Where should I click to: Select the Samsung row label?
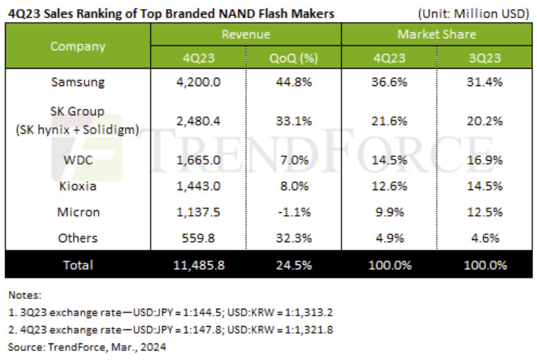[x=78, y=82]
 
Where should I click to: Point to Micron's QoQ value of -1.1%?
[x=293, y=212]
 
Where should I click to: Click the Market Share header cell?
[x=437, y=34]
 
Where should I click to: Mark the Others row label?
[x=78, y=238]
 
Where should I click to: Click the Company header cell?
[x=78, y=46]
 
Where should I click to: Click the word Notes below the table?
[x=24, y=295]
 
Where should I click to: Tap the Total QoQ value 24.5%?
[x=293, y=264]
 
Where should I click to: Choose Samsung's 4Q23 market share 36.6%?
[x=389, y=82]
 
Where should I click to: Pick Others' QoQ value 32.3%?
[x=293, y=238]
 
